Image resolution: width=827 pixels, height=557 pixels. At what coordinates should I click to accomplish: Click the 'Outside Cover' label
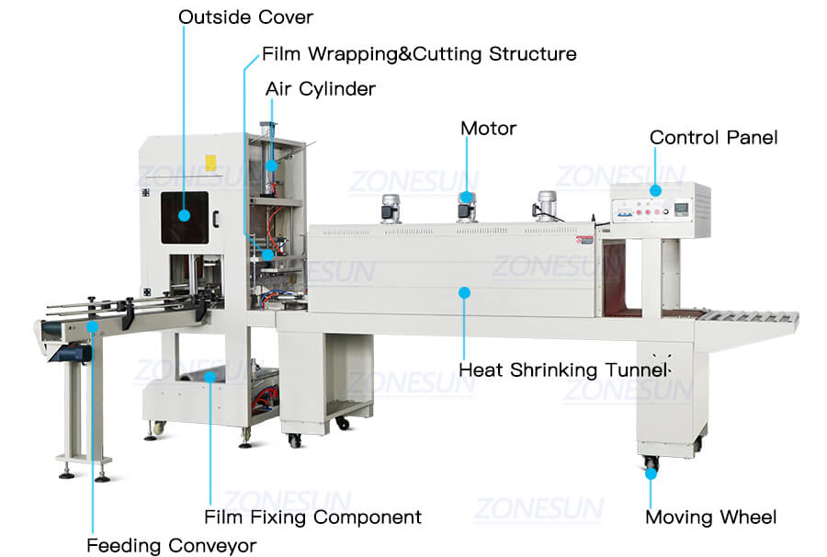(x=245, y=17)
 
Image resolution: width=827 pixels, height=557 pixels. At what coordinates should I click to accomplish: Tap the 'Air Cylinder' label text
(x=320, y=89)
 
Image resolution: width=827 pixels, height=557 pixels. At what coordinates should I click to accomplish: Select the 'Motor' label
(x=488, y=129)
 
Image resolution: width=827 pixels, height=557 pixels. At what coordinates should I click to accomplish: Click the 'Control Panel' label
(x=713, y=138)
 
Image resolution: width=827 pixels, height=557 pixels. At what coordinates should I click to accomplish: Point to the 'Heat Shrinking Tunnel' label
(x=563, y=370)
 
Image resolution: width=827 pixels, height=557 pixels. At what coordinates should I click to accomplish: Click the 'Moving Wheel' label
(x=710, y=517)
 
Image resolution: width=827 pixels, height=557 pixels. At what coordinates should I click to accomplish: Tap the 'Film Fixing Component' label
(x=312, y=517)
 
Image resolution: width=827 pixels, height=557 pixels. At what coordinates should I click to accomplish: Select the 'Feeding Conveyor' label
(x=171, y=546)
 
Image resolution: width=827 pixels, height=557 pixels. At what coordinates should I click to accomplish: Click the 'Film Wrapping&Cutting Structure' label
(x=419, y=54)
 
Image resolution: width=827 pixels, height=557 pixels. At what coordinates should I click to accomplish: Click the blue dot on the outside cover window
(x=184, y=215)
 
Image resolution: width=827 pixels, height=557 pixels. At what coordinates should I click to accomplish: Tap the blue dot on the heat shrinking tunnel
(x=464, y=292)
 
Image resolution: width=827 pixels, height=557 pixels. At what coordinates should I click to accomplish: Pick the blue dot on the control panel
(x=654, y=190)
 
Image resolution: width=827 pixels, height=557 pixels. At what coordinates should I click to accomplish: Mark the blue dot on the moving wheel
(x=651, y=474)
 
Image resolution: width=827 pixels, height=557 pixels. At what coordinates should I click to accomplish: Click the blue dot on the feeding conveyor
(x=91, y=323)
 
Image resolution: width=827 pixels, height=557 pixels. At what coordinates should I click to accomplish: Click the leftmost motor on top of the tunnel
(x=387, y=209)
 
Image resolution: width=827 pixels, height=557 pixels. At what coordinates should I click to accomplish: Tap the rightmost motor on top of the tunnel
(x=549, y=204)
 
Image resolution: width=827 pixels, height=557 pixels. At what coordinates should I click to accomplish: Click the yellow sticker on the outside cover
(x=210, y=164)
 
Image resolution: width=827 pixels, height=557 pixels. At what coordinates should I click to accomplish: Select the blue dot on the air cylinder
(x=271, y=165)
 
